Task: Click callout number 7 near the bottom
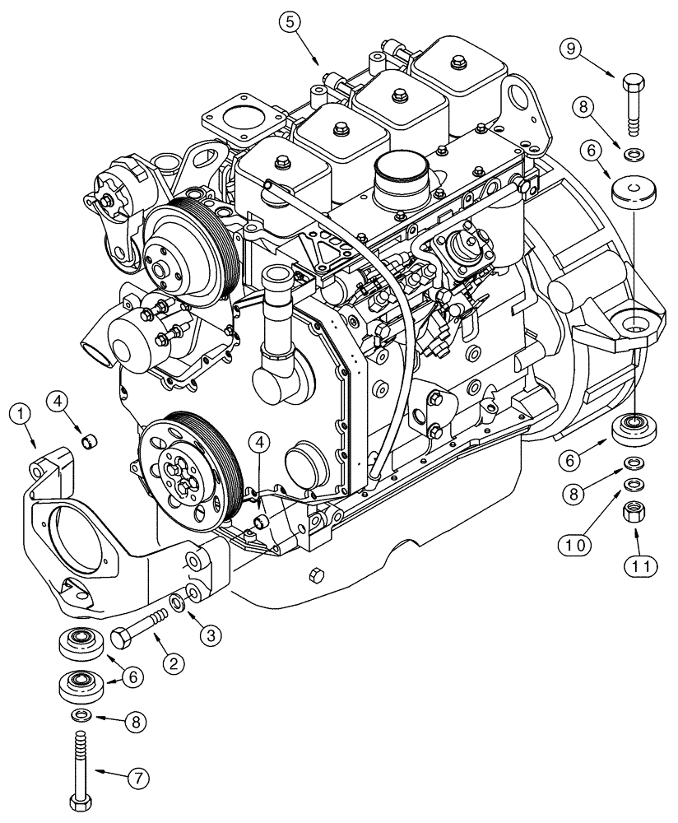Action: pos(136,776)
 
